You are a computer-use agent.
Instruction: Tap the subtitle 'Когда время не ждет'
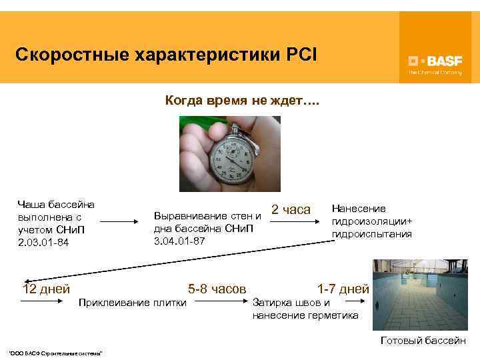click(242, 102)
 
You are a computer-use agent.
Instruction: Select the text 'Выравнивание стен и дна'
click(207, 222)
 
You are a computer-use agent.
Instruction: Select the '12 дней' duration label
click(46, 289)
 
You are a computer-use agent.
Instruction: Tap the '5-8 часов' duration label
click(217, 289)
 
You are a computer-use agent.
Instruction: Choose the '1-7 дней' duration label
click(343, 289)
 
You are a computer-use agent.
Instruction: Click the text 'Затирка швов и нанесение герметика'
click(305, 309)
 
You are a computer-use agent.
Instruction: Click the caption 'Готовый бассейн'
click(423, 340)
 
